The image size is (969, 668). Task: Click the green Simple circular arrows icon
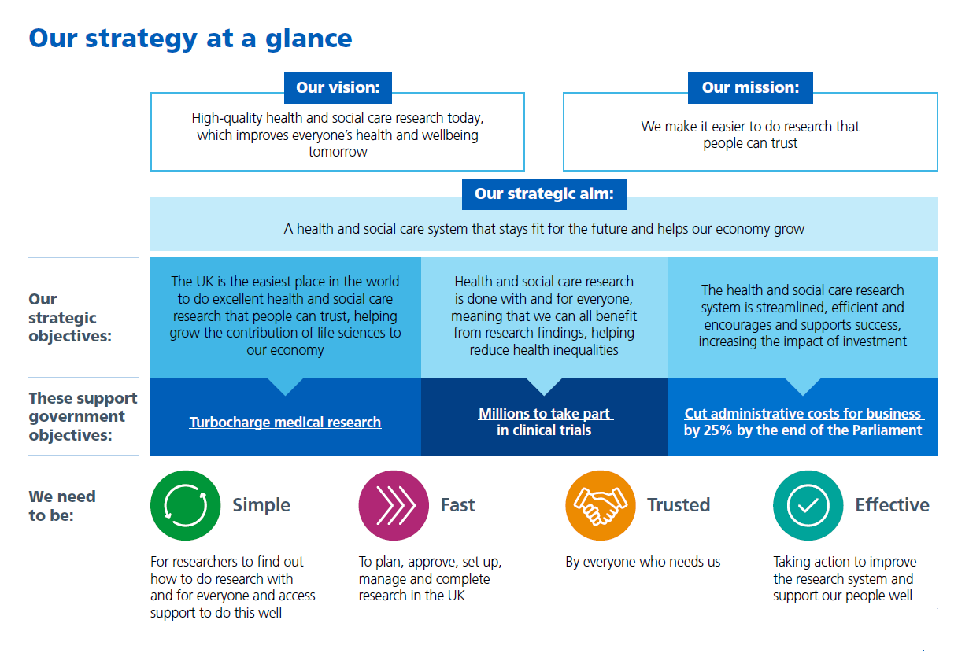185,505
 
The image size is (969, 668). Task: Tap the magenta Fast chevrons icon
393,505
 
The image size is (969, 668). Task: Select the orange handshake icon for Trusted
601,505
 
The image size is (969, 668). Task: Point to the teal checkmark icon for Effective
808,505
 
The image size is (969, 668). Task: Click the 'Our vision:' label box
338,88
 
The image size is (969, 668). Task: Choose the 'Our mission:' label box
750,88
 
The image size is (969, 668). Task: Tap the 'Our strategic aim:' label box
544,194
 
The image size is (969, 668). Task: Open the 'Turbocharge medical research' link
285,423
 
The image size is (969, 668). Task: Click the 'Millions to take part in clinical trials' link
545,422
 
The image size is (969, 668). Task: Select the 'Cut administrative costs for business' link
803,414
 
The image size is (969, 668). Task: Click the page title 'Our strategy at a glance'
190,38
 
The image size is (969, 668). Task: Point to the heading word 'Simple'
261,505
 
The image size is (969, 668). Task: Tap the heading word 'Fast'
457,505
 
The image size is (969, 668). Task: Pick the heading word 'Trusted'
679,505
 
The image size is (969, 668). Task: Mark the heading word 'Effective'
892,505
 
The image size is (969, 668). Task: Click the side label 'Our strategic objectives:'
69,318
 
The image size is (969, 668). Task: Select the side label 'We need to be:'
62,506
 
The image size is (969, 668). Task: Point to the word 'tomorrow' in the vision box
338,152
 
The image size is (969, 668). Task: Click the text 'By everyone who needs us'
643,562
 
